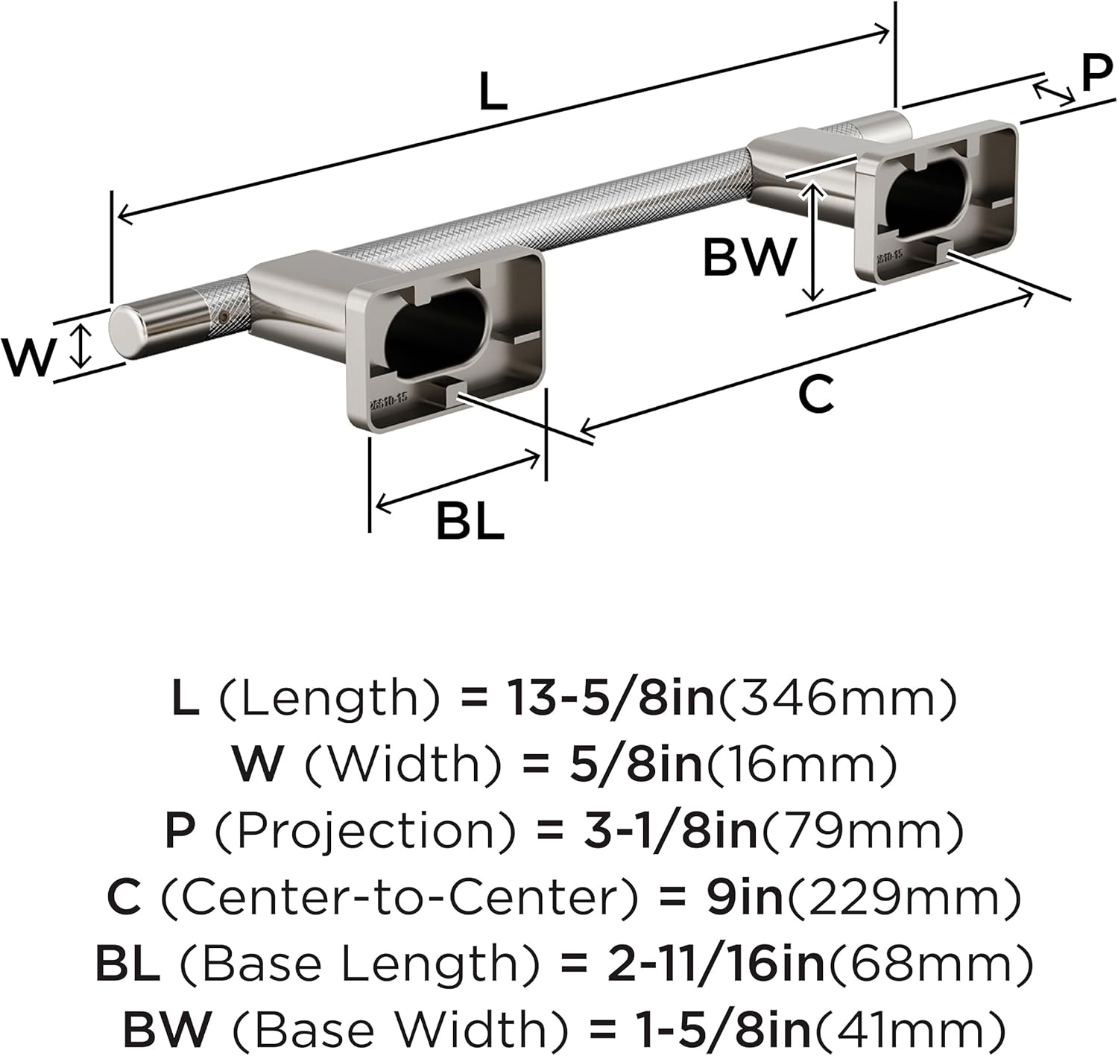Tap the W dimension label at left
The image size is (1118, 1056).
point(29,357)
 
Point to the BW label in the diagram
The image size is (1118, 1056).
point(750,258)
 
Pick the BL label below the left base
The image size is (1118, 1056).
point(470,521)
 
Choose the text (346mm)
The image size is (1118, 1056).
point(836,698)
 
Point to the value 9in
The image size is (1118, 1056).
point(744,897)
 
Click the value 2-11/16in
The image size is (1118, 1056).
point(716,964)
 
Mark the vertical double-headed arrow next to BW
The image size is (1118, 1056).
point(815,242)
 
